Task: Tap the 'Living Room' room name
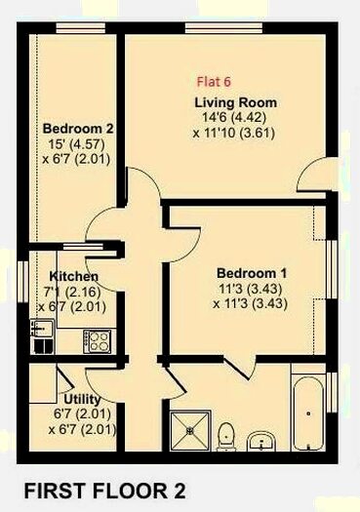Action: [x=235, y=102]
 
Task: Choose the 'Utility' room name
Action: [x=82, y=400]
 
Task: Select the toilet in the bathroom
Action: [x=226, y=432]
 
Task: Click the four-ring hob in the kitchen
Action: [x=99, y=340]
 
